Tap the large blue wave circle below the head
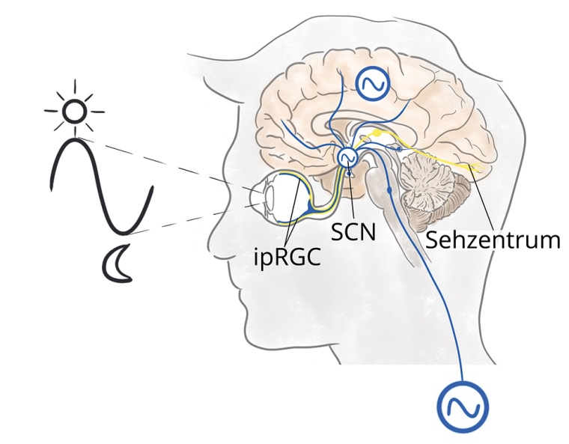[x=462, y=407]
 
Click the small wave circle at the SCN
[x=347, y=157]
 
